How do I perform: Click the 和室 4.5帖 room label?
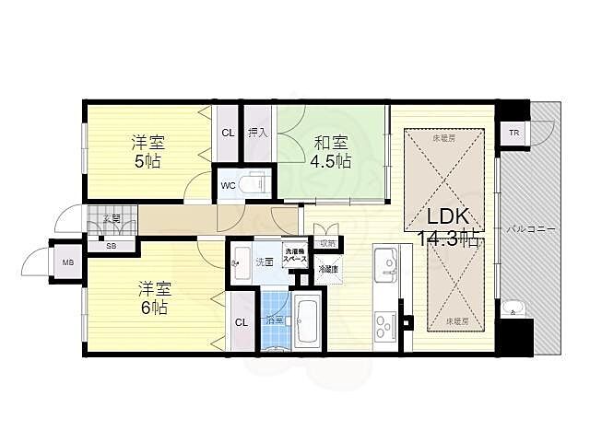point(331,151)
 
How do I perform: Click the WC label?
point(227,185)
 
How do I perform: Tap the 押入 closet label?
point(257,133)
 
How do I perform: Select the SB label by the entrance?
point(111,246)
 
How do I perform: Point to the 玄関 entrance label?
point(112,219)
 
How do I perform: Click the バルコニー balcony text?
point(529,227)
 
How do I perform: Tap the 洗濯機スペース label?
point(295,256)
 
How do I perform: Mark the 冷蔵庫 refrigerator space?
point(327,270)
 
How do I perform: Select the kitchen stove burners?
point(384,325)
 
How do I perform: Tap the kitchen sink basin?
point(386,268)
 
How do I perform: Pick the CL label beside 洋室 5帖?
point(227,133)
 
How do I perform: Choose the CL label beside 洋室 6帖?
point(241,321)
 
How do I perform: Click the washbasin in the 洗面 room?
point(242,259)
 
